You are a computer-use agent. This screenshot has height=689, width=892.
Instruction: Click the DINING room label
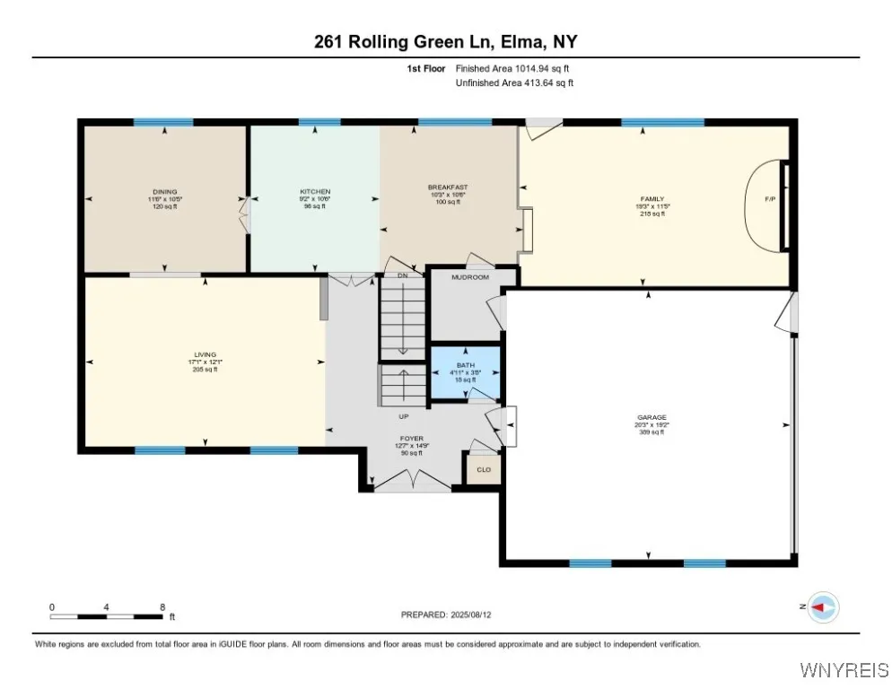coord(164,191)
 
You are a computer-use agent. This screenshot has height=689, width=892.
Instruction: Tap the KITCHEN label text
coord(315,191)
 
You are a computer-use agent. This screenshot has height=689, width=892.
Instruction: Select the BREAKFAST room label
coord(448,188)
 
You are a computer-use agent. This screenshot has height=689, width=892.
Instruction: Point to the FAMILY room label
coord(652,198)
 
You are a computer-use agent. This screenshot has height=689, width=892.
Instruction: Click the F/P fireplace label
coord(770,199)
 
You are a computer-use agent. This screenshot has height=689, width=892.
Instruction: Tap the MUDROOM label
coord(469,277)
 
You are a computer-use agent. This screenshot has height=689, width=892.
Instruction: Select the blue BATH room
coord(465,371)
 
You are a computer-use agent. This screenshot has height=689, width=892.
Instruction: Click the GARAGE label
coord(652,417)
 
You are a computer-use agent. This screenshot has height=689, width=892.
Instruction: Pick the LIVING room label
coord(206,354)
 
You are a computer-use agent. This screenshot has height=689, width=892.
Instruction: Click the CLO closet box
coord(483,468)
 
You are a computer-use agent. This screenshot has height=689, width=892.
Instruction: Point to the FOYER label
coord(412,439)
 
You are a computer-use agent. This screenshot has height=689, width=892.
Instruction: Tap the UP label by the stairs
coord(404,416)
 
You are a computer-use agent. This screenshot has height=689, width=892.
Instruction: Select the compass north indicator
coord(822,607)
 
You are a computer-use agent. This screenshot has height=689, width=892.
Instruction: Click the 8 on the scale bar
coord(162,607)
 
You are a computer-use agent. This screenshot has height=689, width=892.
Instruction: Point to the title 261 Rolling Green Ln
coord(445,42)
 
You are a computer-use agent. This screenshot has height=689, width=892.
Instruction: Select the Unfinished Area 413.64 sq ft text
coord(514,83)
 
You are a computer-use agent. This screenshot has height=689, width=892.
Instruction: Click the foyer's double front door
coord(412,483)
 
